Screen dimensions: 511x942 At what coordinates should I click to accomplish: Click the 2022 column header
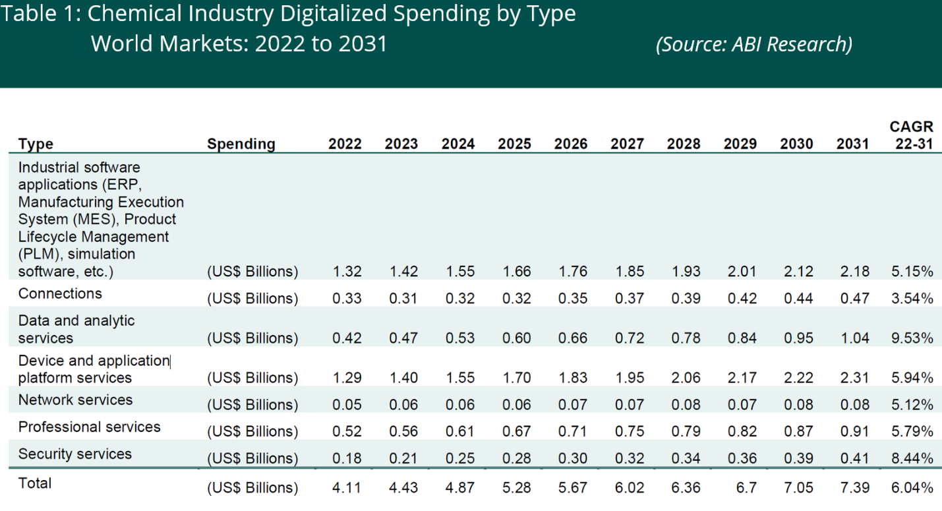coord(345,144)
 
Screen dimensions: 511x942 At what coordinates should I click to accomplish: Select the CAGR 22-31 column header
coord(912,135)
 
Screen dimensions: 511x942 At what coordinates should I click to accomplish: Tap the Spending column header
coord(241,144)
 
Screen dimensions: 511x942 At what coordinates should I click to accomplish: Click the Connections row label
coord(60,293)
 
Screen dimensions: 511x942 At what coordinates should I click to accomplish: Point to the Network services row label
coord(75,400)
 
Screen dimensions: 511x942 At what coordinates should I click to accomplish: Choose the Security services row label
coord(74,454)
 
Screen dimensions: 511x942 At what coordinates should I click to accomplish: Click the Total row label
coord(35,483)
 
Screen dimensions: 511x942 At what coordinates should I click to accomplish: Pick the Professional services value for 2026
coord(571,431)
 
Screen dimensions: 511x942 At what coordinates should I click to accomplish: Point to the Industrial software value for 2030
coord(796,271)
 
